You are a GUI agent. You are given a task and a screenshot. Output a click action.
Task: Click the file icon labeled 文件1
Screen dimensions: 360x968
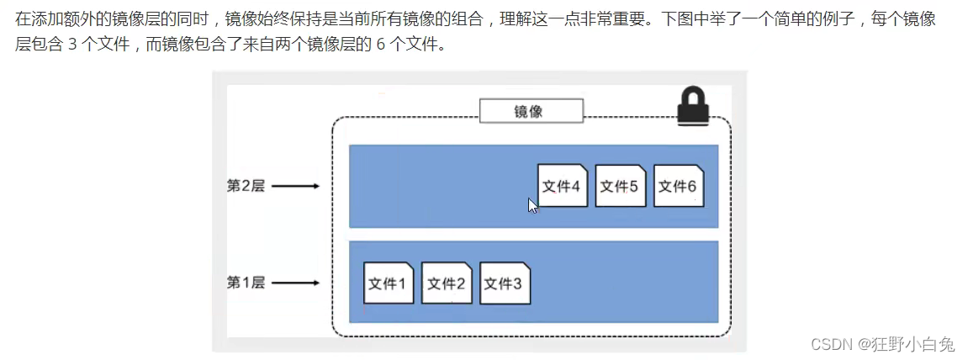click(389, 283)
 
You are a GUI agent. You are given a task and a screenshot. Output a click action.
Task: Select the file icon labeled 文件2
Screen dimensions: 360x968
click(447, 283)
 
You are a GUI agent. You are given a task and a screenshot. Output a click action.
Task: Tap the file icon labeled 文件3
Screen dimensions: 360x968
click(505, 283)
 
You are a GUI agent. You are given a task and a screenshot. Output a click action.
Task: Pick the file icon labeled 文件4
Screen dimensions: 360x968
click(562, 186)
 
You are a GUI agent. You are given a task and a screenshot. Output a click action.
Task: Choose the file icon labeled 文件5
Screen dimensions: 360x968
click(620, 186)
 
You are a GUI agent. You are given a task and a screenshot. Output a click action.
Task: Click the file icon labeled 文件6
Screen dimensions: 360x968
click(678, 186)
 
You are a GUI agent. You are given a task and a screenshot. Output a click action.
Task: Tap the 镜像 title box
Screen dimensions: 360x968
click(530, 111)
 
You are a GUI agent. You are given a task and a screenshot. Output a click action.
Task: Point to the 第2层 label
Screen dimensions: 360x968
click(246, 186)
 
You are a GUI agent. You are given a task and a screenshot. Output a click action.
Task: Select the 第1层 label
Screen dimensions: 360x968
click(246, 283)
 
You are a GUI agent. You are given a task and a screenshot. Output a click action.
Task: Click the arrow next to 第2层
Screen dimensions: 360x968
click(295, 186)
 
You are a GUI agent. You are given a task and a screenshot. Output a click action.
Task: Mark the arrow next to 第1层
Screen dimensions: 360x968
click(295, 283)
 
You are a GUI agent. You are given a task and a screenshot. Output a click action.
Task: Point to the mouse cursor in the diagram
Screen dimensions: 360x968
click(532, 205)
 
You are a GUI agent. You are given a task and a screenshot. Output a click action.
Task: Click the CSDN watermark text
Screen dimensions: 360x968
click(830, 344)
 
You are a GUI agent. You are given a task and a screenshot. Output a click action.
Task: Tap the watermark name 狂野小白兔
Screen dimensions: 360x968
click(912, 344)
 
